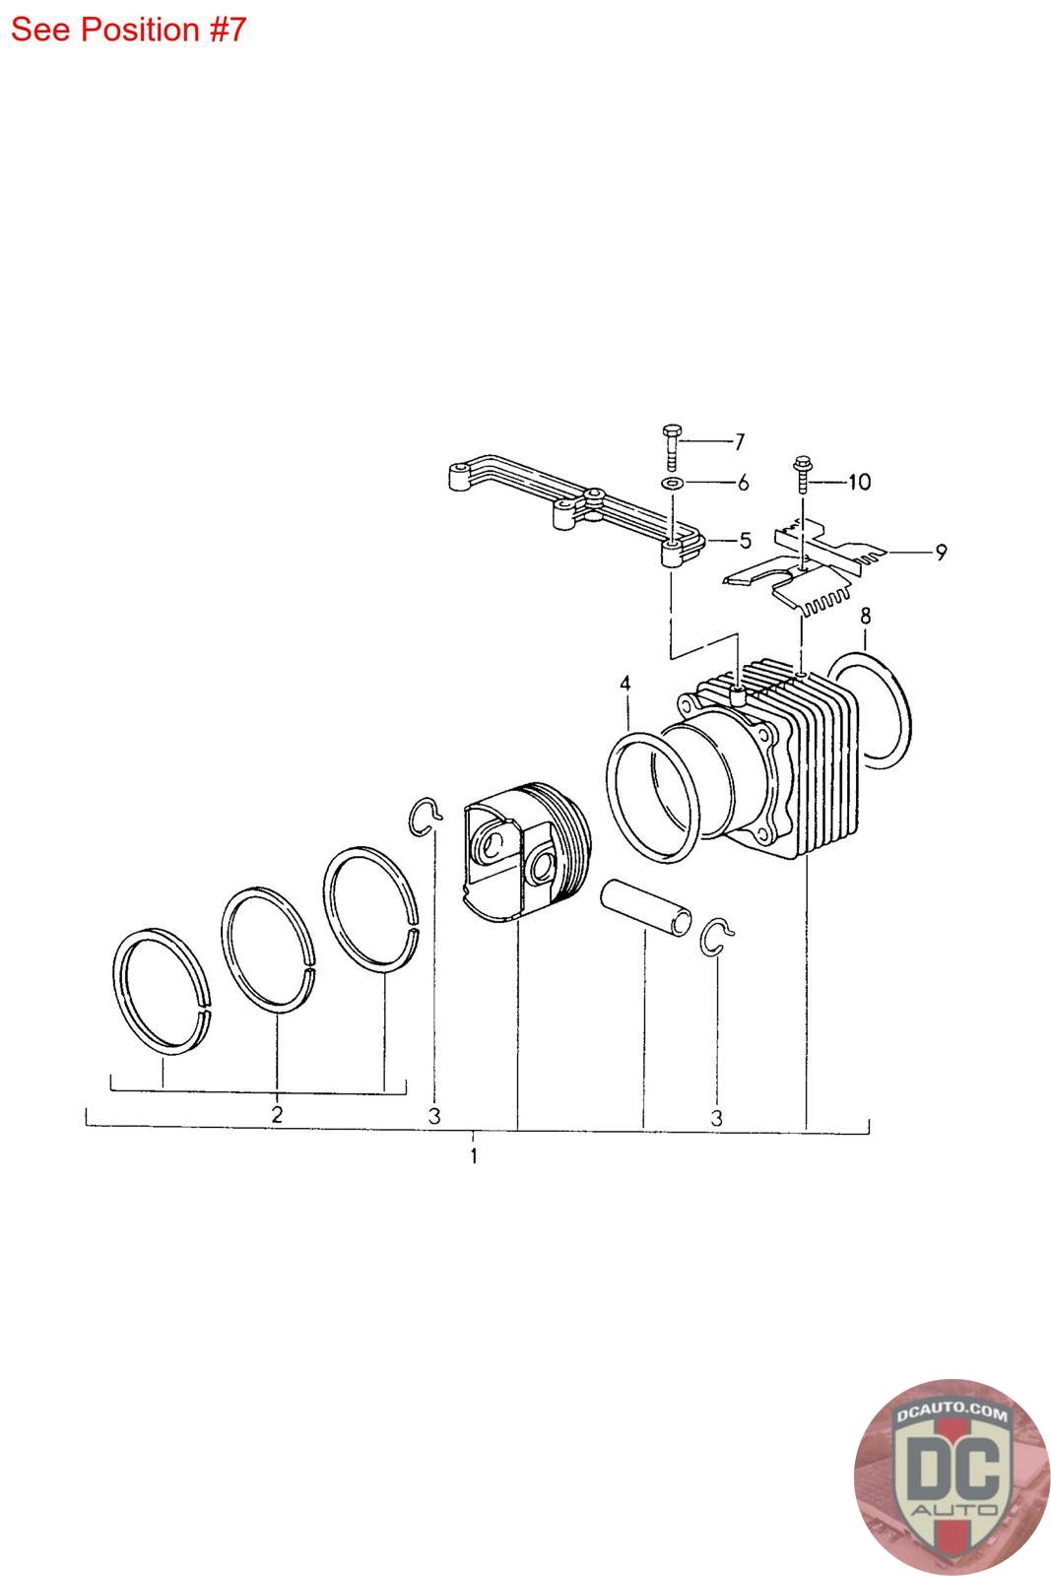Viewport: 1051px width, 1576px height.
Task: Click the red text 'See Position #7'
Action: (128, 31)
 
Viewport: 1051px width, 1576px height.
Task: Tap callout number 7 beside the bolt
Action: (739, 442)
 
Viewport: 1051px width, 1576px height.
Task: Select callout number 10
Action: (859, 482)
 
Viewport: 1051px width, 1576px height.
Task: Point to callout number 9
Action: (941, 553)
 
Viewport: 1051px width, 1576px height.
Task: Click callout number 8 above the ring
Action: (865, 616)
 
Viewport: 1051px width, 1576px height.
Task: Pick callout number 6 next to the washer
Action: (742, 483)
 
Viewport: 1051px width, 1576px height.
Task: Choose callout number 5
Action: (745, 541)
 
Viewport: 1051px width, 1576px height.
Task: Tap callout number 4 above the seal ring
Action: (624, 684)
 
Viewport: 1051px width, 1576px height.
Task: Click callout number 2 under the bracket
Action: (277, 1114)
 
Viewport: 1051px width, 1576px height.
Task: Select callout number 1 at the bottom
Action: (474, 1155)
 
